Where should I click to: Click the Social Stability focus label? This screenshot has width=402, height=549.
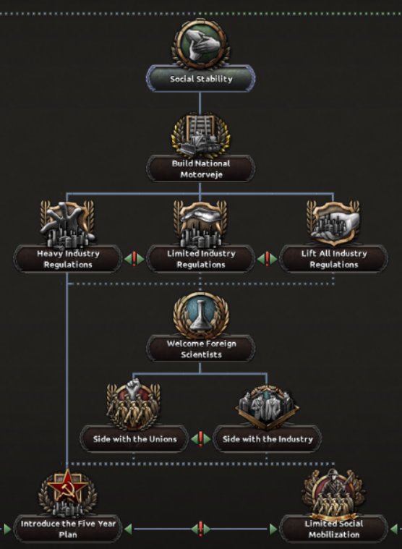[201, 79]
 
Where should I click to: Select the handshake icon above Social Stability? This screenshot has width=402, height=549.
[201, 44]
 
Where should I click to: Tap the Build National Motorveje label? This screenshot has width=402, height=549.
[201, 169]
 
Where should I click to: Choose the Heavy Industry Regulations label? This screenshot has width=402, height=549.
[68, 259]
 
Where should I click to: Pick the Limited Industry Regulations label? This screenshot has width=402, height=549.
[201, 259]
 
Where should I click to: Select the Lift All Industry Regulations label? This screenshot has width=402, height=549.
[334, 259]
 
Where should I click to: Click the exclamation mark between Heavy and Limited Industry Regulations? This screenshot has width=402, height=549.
[134, 259]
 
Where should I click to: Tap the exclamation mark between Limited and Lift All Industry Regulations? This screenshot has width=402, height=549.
[268, 259]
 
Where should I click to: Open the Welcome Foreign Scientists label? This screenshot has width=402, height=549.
[201, 349]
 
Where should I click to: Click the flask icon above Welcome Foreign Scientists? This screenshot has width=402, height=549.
[201, 316]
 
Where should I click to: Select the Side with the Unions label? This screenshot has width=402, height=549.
[134, 439]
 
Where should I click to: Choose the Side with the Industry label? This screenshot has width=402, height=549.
[268, 439]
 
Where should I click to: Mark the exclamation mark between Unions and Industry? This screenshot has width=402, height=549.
[201, 439]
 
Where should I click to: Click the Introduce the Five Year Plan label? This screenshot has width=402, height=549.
[68, 529]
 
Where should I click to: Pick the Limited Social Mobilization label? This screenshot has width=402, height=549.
[334, 529]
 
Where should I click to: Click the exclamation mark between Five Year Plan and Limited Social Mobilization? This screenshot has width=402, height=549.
[201, 528]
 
